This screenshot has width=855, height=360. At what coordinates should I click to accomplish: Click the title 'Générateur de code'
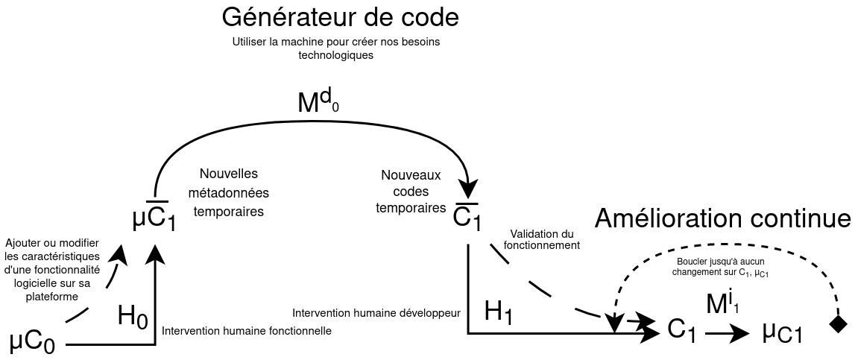[x=339, y=17]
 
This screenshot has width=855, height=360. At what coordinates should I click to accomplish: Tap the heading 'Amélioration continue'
[x=722, y=219]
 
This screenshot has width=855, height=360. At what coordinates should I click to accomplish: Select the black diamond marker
[x=838, y=323]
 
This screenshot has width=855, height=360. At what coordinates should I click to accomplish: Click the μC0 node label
[x=32, y=342]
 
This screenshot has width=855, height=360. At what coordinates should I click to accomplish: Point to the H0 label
[x=133, y=317]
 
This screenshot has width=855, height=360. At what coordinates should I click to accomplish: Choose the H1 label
[x=498, y=312]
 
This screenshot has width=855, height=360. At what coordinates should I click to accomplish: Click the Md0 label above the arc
[x=318, y=101]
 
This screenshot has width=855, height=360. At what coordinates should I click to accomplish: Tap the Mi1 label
[x=722, y=303]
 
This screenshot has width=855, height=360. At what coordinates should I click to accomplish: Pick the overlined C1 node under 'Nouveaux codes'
[x=468, y=217]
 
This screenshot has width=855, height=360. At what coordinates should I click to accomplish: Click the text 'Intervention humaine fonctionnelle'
[x=247, y=330]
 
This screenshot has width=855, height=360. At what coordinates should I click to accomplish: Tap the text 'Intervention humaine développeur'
[x=376, y=312]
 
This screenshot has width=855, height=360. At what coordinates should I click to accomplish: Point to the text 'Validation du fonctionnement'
[x=542, y=239]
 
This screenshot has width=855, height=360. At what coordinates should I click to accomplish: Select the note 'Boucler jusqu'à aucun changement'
[x=721, y=268]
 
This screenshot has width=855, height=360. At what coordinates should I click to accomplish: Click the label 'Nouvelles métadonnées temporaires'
[x=228, y=192]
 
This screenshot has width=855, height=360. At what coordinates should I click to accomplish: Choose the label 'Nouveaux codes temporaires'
[x=411, y=192]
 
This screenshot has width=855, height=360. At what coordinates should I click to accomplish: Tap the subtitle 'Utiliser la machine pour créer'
[x=335, y=48]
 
